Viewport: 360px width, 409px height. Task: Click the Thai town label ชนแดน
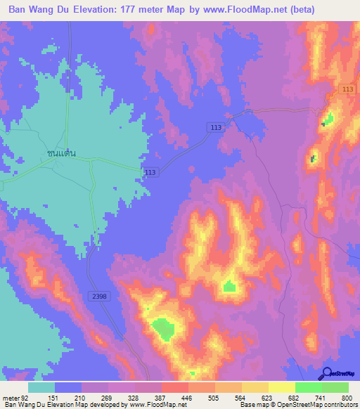(x=61, y=152)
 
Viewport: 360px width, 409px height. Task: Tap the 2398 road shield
(x=99, y=297)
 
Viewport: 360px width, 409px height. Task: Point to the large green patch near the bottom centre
(x=163, y=329)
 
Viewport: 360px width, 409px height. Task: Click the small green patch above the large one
(x=229, y=286)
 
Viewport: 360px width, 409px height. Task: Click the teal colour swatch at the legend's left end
(x=41, y=387)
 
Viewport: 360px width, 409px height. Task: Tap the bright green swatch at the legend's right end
(x=335, y=387)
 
